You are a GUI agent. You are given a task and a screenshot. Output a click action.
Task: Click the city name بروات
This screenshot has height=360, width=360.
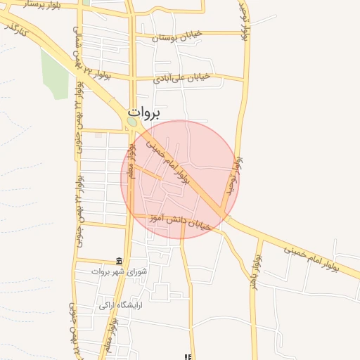click(x=144, y=112)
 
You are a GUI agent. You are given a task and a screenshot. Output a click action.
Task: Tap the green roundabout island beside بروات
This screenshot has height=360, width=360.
click(x=132, y=123)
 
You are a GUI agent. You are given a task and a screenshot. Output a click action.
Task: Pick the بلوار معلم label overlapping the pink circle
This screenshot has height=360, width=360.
click(x=131, y=159)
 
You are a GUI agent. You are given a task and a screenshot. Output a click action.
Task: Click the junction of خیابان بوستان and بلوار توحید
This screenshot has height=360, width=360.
click(x=245, y=33)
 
